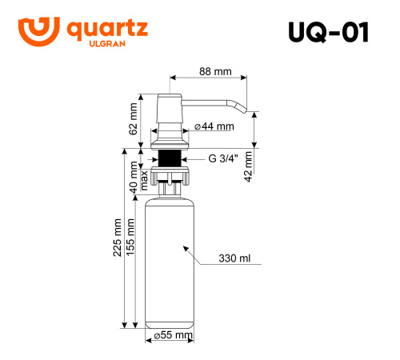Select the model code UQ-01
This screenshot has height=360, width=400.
tap(327, 32)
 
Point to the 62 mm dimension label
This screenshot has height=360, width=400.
tap(134, 117)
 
